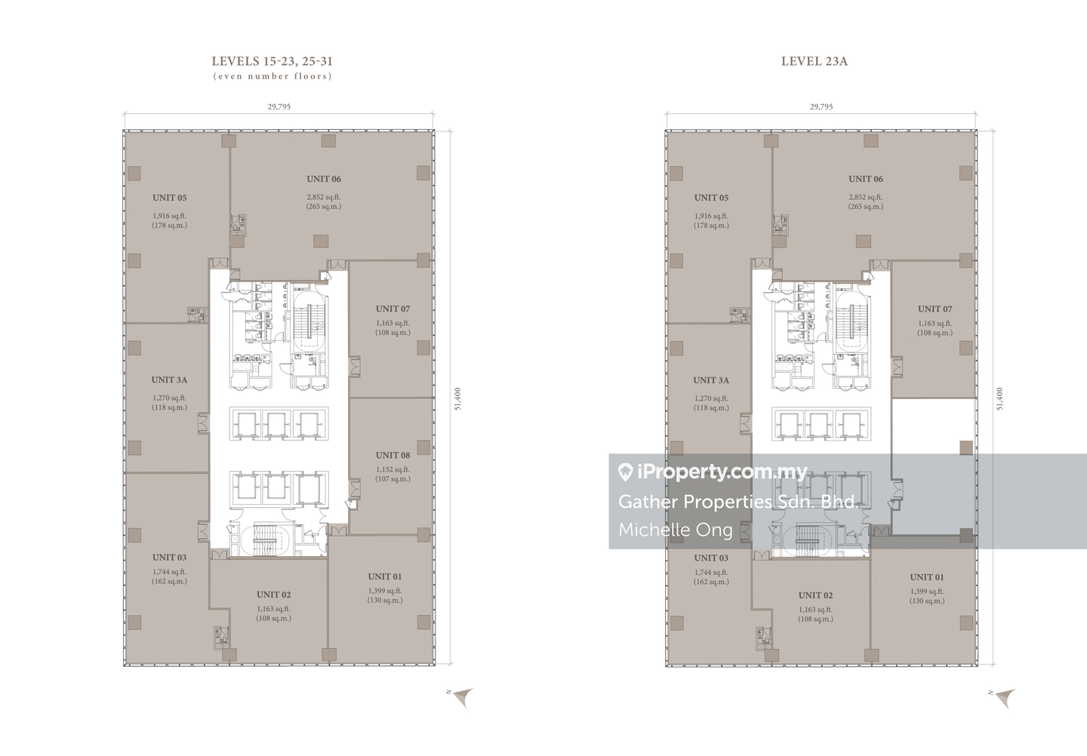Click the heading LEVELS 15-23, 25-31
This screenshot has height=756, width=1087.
[272, 62]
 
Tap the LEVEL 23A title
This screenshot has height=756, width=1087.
[814, 62]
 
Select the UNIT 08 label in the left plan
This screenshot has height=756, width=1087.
[393, 456]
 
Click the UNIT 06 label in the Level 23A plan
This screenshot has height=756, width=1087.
[866, 179]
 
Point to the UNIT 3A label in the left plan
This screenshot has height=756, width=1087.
[169, 380]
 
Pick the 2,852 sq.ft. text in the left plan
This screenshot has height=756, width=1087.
[324, 198]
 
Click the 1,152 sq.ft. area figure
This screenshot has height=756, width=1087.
[393, 469]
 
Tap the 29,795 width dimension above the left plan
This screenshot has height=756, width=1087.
[279, 106]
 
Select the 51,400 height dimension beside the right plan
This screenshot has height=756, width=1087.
[999, 398]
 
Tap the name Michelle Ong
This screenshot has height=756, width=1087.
[676, 530]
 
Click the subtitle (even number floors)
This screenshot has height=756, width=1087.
[273, 76]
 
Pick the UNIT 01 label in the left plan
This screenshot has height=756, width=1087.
[385, 576]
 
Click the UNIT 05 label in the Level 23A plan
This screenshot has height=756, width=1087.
[711, 198]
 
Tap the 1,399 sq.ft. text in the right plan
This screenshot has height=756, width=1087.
[927, 592]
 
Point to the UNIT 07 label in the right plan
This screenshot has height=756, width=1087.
[935, 309]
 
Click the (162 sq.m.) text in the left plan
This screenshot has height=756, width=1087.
[169, 581]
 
